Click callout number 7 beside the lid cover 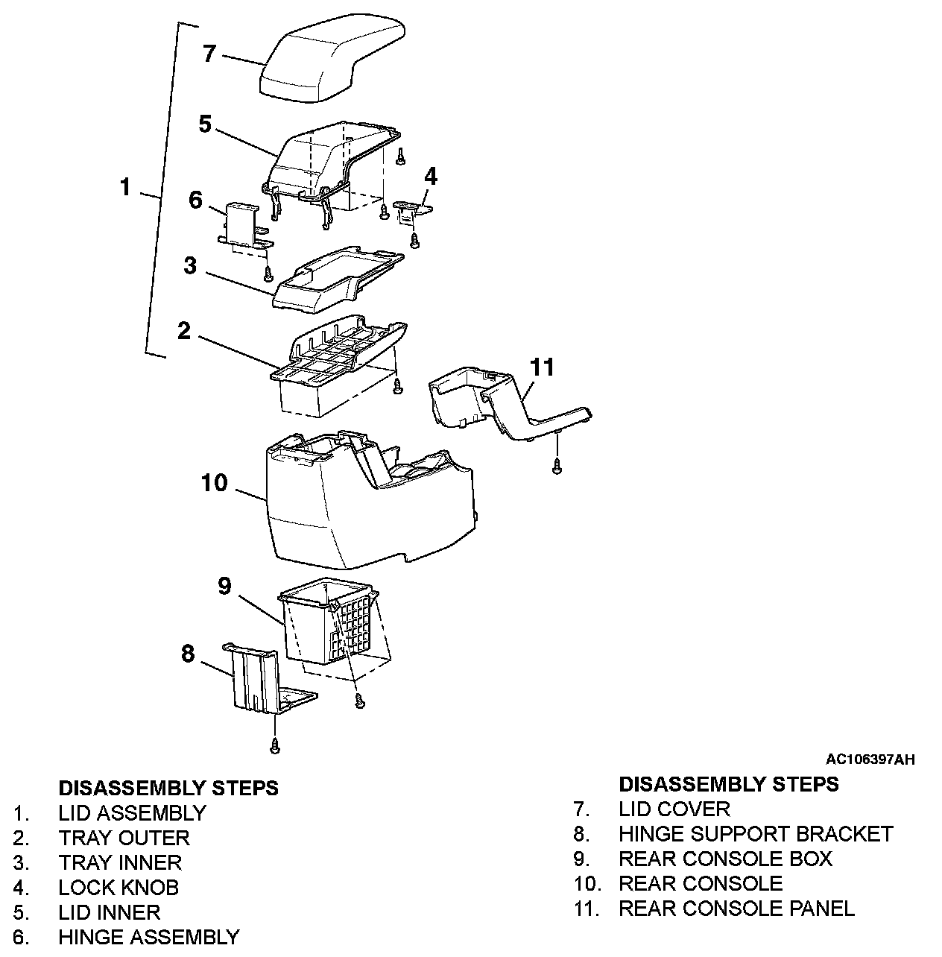click(x=209, y=54)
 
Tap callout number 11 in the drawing click(x=542, y=367)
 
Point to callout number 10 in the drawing click(x=214, y=482)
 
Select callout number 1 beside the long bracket click(x=125, y=187)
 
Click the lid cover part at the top click(x=332, y=60)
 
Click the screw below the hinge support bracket click(x=274, y=745)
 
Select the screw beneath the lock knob click(x=414, y=241)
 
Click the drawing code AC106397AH click(x=870, y=759)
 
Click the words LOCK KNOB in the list click(x=118, y=888)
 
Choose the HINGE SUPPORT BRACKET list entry click(x=756, y=834)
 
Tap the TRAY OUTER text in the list click(x=124, y=838)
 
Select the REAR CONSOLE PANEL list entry click(x=737, y=909)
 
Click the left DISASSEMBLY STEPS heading click(x=169, y=788)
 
